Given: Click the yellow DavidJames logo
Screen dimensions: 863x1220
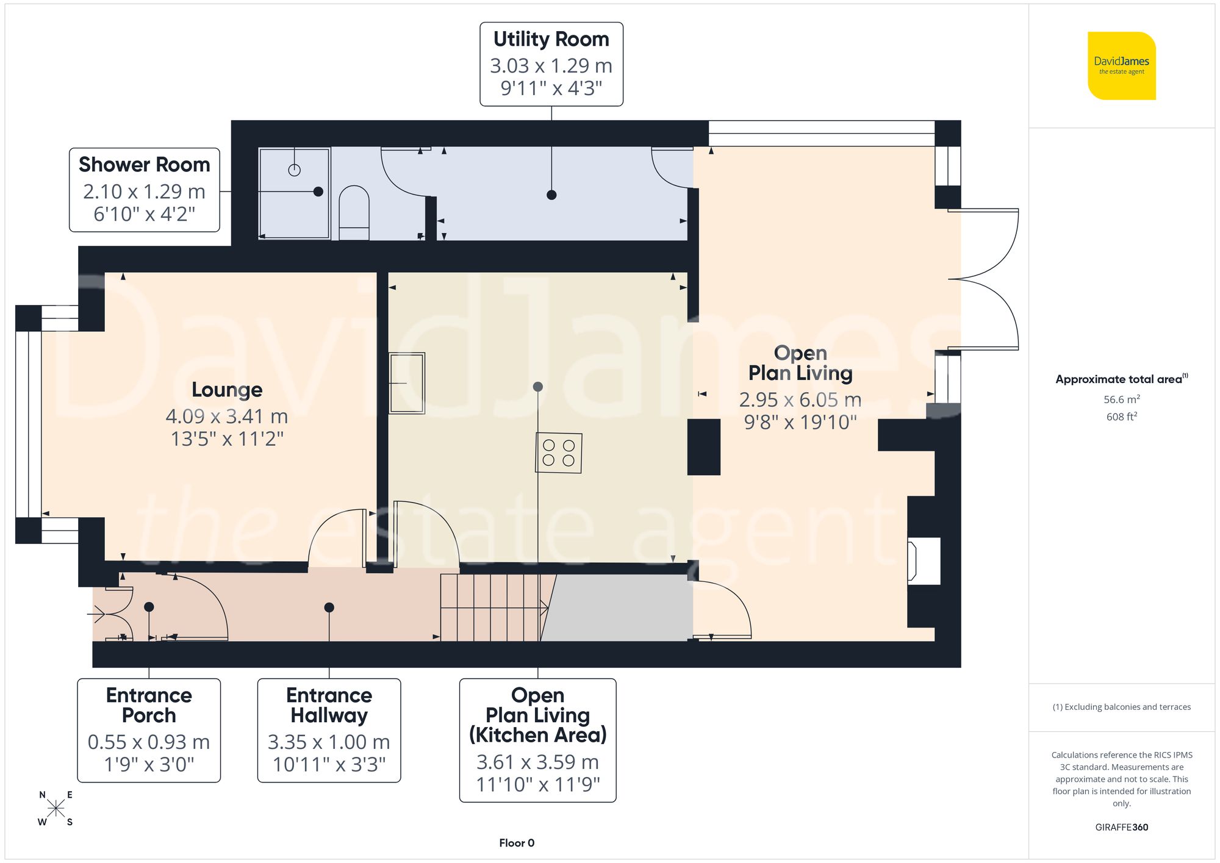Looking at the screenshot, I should click(x=1121, y=66).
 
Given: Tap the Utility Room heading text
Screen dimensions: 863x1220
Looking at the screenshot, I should click(x=551, y=39).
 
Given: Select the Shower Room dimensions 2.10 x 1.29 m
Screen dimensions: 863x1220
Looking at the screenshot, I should click(x=144, y=192).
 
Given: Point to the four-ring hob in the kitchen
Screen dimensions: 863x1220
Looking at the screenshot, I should click(x=559, y=453).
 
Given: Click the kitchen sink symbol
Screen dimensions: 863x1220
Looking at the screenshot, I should click(x=407, y=383).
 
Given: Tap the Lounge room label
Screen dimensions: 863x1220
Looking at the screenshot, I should click(x=227, y=390).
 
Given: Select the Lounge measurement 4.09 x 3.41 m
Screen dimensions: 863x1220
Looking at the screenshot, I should click(x=227, y=417).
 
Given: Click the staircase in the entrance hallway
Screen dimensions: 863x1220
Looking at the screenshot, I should click(x=491, y=607).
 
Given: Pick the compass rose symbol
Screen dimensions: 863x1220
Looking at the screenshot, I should click(x=56, y=809).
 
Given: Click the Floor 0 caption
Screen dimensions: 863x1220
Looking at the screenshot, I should click(x=517, y=843).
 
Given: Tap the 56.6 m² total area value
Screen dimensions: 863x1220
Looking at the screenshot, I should click(x=1121, y=399).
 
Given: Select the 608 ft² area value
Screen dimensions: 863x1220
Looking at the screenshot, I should click(x=1121, y=417).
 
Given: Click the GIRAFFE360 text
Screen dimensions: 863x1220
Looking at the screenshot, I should click(x=1121, y=827).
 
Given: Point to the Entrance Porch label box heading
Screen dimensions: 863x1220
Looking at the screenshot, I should click(x=149, y=705).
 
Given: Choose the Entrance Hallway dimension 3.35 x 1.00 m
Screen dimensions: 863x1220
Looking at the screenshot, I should click(x=329, y=742).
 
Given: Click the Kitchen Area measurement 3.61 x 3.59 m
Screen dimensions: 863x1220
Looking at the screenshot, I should click(x=537, y=762).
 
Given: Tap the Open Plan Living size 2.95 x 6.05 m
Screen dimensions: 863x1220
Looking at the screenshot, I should click(x=800, y=400).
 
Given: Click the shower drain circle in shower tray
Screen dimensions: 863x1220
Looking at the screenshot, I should click(x=295, y=170).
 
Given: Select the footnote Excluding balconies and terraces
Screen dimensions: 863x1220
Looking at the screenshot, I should click(x=1121, y=707).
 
